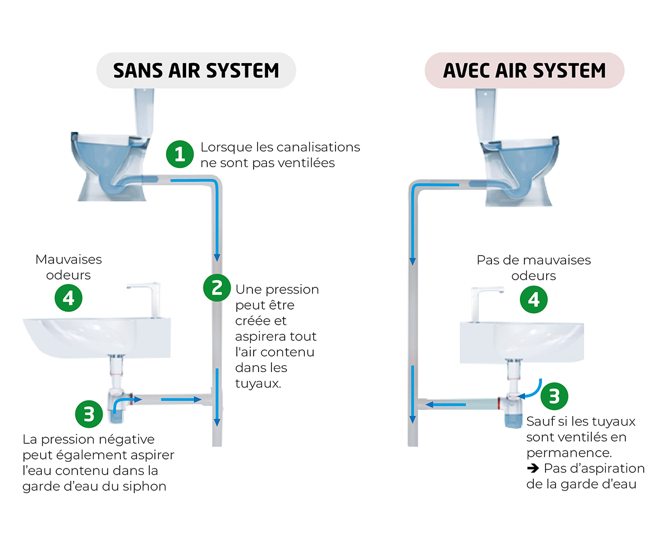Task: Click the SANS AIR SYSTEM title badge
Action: [196, 70]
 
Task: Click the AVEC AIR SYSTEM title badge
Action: [524, 70]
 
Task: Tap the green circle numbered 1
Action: [179, 154]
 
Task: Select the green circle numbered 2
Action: [217, 287]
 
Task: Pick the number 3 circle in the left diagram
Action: [89, 414]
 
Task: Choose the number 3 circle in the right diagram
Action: [554, 396]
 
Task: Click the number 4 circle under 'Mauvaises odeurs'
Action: [69, 298]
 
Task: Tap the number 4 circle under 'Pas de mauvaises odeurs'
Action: [534, 299]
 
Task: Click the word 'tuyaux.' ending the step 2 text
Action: [258, 383]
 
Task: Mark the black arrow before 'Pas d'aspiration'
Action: [533, 468]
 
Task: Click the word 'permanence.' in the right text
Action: [569, 453]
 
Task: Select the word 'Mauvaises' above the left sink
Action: [69, 260]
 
